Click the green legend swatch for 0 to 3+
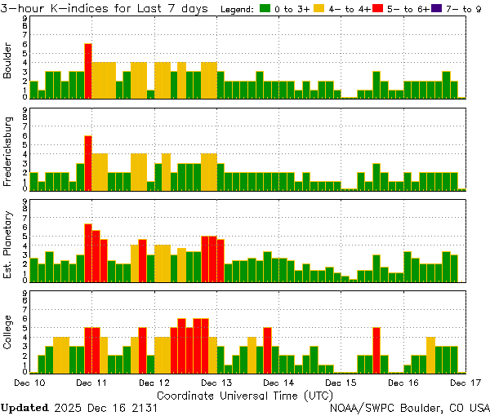pos(265,8)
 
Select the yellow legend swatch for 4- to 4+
pos(319,8)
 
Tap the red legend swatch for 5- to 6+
pos(377,8)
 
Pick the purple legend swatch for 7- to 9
pos(435,8)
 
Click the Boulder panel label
pos(8,60)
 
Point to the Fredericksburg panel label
pos(8,152)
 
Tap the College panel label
pos(8,334)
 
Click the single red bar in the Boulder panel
pos(88,71)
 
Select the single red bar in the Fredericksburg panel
pos(88,162)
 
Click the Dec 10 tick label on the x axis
pos(29,382)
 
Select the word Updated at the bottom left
pos(24,406)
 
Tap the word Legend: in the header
pos(237,8)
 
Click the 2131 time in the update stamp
pos(145,406)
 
